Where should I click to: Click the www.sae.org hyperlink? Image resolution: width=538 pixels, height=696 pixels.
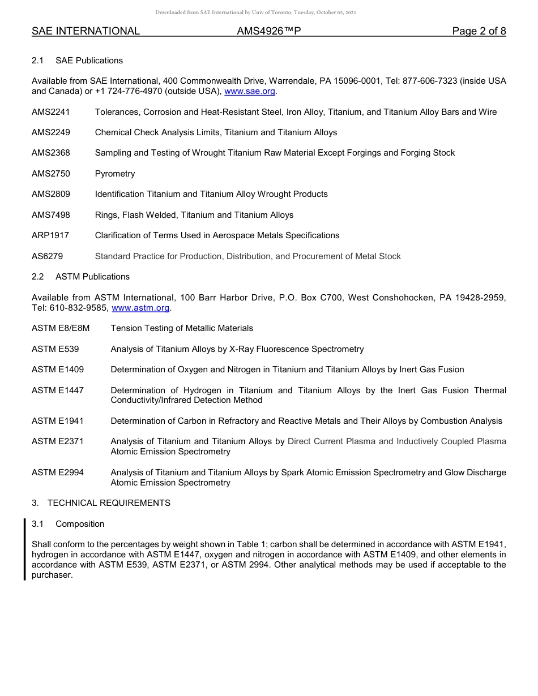pyautogui.click(x=250, y=91)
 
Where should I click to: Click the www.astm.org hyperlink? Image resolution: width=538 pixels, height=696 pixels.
pyautogui.click(x=141, y=308)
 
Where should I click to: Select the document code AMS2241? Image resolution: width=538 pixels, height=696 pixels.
pyautogui.click(x=51, y=112)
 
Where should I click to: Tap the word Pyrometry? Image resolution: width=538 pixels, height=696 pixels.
pyautogui.click(x=115, y=174)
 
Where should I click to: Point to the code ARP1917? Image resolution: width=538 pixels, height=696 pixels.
pyautogui.click(x=50, y=235)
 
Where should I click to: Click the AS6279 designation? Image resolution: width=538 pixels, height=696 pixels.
pyautogui.click(x=48, y=256)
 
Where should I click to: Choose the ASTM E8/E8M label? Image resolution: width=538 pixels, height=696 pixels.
pyautogui.click(x=61, y=328)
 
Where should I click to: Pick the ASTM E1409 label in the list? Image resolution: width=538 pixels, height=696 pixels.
pyautogui.click(x=58, y=370)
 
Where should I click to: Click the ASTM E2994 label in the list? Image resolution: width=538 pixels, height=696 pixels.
pyautogui.click(x=58, y=472)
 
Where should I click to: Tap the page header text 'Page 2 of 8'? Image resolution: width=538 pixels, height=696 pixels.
pyautogui.click(x=479, y=32)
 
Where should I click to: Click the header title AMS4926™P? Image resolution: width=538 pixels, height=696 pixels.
pyautogui.click(x=268, y=32)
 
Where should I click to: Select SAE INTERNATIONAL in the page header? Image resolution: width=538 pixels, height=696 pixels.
pyautogui.click(x=86, y=32)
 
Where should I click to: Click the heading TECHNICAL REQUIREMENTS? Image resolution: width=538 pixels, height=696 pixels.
pyautogui.click(x=109, y=503)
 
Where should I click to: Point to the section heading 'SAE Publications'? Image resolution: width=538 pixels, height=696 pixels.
pyautogui.click(x=89, y=61)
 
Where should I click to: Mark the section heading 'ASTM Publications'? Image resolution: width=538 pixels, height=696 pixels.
pyautogui.click(x=92, y=277)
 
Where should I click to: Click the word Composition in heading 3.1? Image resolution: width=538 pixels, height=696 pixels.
pyautogui.click(x=80, y=524)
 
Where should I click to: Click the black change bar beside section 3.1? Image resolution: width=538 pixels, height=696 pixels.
pyautogui.click(x=25, y=549)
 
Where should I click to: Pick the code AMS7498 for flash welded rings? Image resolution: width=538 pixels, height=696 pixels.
pyautogui.click(x=51, y=215)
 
